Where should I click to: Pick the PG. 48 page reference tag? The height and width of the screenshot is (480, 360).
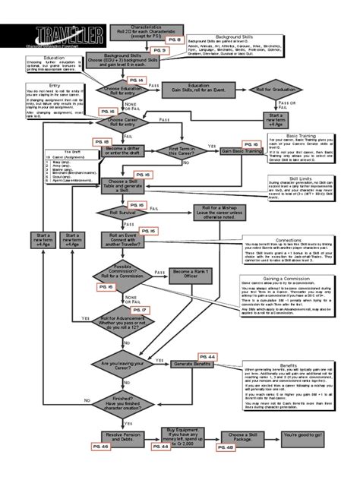coord(229,447)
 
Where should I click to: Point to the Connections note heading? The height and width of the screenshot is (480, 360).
coord(289,238)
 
